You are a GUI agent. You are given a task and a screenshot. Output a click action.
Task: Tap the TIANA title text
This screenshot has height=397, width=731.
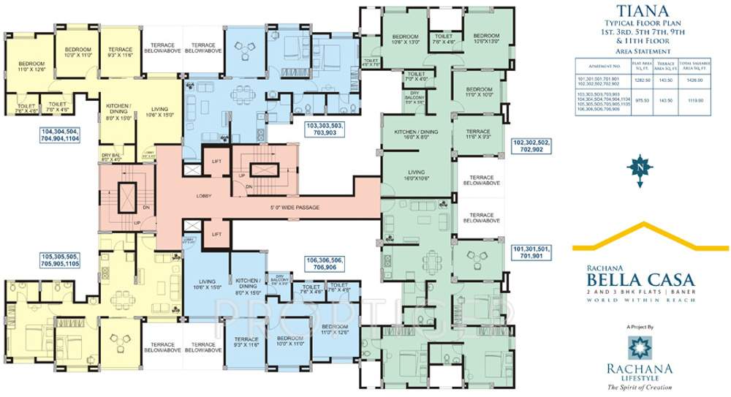click(643, 11)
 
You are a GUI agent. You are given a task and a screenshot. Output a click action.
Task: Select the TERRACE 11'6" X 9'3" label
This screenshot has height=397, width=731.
click(477, 134)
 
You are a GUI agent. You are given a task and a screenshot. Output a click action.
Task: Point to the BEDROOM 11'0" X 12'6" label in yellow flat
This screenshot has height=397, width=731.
click(31, 67)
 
